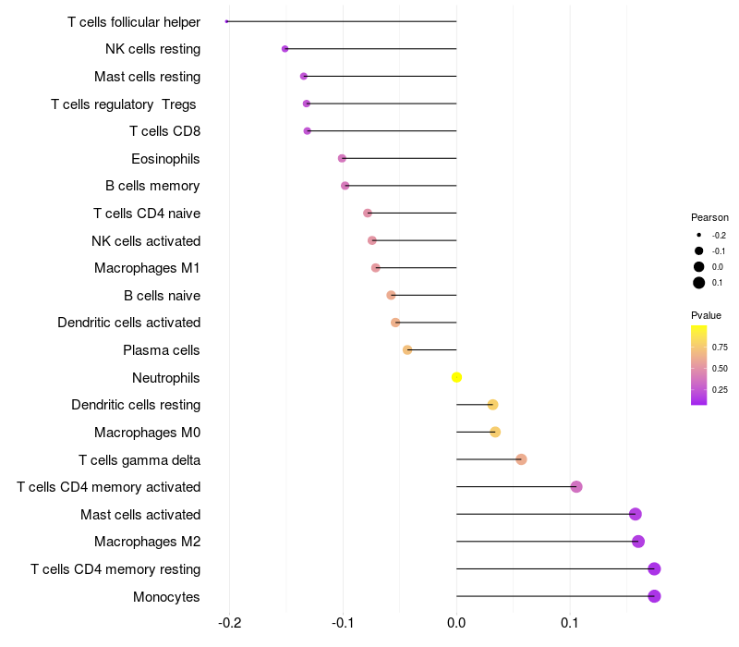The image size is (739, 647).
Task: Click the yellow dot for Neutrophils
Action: [456, 377]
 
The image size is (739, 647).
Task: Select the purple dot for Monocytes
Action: [654, 596]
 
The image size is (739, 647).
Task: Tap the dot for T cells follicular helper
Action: [226, 21]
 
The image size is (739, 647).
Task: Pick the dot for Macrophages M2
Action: [638, 542]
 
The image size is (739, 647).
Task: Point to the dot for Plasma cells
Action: [407, 350]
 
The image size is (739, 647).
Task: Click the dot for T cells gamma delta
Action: [521, 459]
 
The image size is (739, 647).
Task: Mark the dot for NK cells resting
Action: [285, 49]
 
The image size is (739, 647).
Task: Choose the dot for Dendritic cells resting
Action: [492, 405]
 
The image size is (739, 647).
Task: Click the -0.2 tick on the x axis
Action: [229, 623]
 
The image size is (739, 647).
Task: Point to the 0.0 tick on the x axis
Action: [456, 623]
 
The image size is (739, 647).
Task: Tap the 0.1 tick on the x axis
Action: [570, 623]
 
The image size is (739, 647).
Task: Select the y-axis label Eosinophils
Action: [165, 159]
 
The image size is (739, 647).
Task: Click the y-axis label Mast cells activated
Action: [140, 515]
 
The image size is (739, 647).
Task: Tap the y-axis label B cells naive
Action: [162, 296]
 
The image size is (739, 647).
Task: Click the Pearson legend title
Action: [709, 217]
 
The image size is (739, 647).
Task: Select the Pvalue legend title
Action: [706, 315]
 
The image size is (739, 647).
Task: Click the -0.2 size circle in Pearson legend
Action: [699, 236]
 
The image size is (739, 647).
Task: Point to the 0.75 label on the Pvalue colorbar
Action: [720, 348]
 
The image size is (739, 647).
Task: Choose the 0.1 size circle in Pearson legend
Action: [699, 283]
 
